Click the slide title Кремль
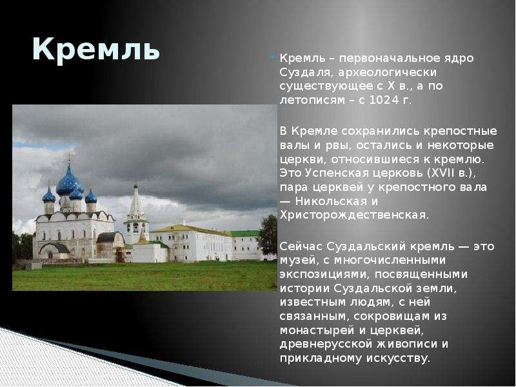click(x=95, y=50)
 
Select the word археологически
click(x=388, y=72)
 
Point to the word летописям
click(x=312, y=100)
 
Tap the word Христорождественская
click(x=354, y=215)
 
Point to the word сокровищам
click(x=392, y=317)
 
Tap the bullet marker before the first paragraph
click(x=273, y=57)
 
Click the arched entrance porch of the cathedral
click(x=54, y=250)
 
